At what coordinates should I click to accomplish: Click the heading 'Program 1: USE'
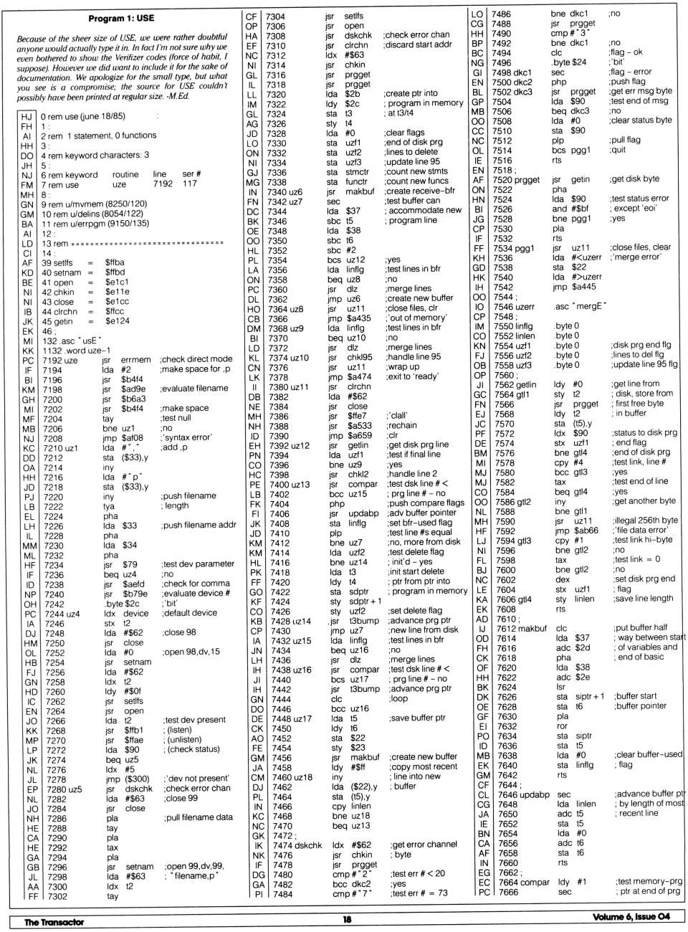pyautogui.click(x=121, y=19)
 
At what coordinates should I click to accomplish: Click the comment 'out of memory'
pyautogui.click(x=416, y=318)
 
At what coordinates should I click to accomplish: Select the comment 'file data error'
pyautogui.click(x=639, y=530)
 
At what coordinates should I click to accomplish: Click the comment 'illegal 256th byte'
pyautogui.click(x=644, y=520)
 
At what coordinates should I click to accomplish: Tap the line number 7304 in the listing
pyautogui.click(x=275, y=16)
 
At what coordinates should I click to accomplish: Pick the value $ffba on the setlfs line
pyautogui.click(x=115, y=263)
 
